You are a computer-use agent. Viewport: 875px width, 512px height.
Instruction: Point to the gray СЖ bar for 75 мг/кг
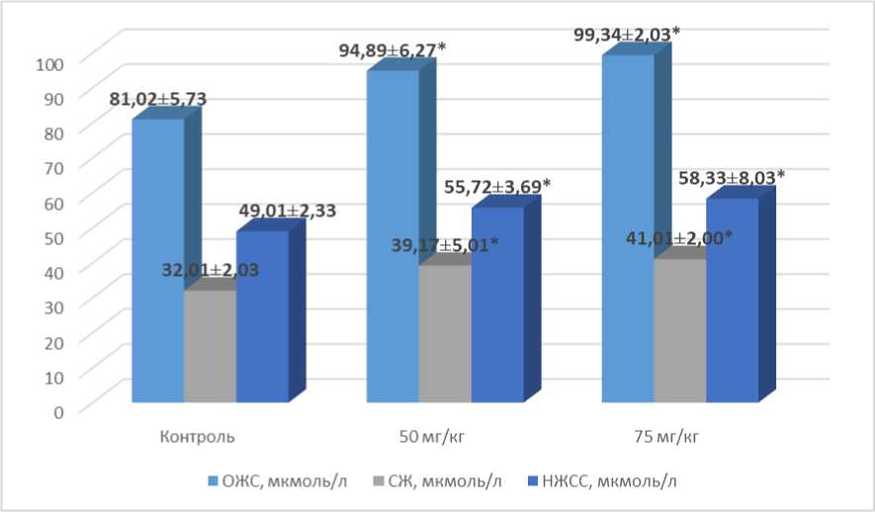[679, 330]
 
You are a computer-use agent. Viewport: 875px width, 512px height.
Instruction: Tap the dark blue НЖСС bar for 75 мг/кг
[732, 300]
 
